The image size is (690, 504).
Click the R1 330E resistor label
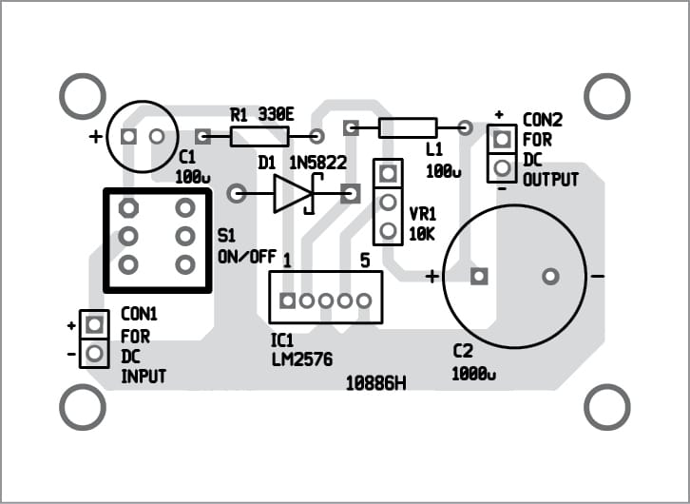[262, 114]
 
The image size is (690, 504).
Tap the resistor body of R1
[259, 137]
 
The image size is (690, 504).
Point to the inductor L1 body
[408, 127]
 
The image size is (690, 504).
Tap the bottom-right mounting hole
[606, 407]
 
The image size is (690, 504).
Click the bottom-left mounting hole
[83, 407]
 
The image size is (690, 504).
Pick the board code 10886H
[376, 384]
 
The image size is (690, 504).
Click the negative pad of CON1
[93, 355]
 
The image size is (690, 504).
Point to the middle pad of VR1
[388, 203]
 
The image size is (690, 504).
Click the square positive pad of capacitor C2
[479, 276]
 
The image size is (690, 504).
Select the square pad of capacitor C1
[129, 137]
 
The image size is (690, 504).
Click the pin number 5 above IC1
[363, 260]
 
